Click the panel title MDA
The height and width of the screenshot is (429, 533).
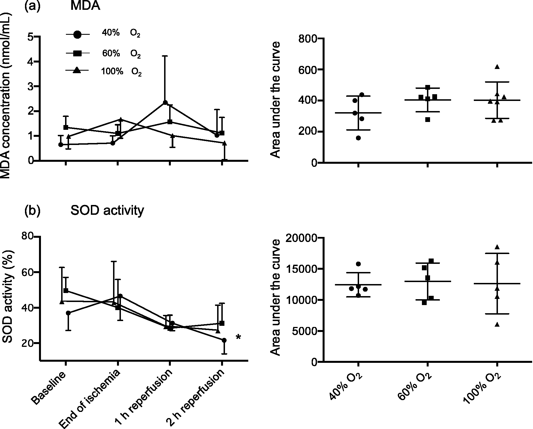(x=85, y=6)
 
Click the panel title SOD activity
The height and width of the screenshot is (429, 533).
(x=107, y=210)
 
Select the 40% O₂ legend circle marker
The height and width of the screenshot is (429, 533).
(x=78, y=34)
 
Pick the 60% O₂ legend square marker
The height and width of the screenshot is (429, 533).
(x=78, y=54)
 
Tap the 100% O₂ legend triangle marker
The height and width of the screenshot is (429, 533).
(x=77, y=71)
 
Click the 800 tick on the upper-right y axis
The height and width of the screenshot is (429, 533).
(x=308, y=39)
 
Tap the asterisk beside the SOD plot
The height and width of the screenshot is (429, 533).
(x=238, y=337)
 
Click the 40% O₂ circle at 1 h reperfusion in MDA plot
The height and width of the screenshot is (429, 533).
(x=165, y=102)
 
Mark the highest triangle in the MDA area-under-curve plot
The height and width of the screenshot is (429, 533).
(x=497, y=67)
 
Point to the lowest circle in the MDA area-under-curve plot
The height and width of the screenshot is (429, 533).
(x=358, y=138)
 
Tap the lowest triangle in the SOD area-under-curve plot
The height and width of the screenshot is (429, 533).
(x=497, y=324)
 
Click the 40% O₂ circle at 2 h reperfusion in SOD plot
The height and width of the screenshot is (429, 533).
(x=224, y=340)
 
